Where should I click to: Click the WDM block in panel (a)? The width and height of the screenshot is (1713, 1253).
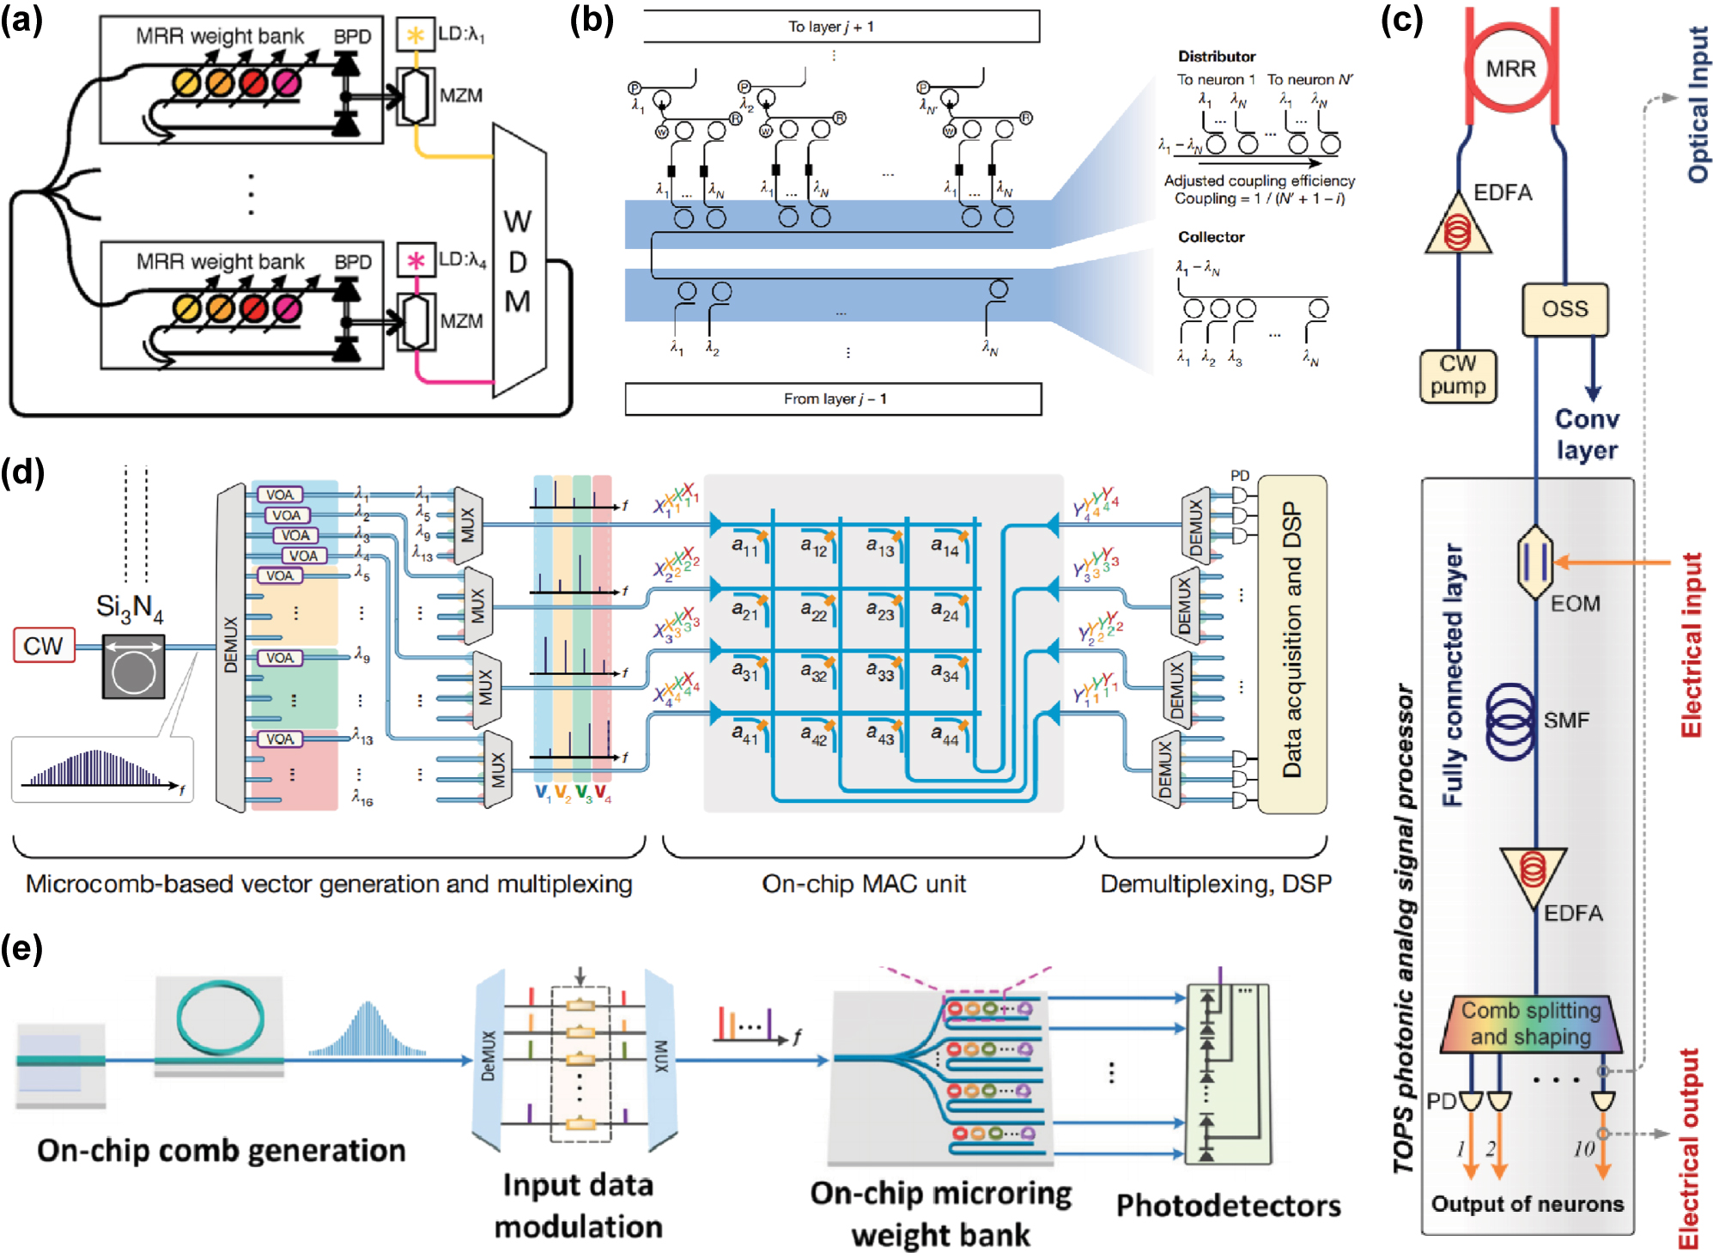518,262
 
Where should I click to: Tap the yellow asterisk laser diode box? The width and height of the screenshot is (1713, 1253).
416,34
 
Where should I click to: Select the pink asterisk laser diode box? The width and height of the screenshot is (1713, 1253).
416,260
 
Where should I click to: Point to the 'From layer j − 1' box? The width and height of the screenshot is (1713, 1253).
833,398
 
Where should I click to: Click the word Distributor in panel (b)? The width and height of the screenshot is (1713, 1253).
1216,57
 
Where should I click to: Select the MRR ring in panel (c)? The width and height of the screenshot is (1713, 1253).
1510,68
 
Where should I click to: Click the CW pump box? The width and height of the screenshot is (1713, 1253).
1457,375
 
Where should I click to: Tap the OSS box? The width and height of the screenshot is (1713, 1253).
1564,309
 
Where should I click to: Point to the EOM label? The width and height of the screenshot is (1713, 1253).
1575,604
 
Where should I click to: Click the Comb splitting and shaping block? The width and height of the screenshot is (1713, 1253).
1531,1023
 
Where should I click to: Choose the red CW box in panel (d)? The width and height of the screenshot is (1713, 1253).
44,646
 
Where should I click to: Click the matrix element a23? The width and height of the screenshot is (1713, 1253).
880,611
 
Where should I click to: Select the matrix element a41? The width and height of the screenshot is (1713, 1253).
744,734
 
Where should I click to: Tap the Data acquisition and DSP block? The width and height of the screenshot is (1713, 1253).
1291,643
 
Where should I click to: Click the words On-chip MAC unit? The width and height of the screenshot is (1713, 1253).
863,884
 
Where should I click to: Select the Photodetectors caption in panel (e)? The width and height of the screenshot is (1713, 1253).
1228,1206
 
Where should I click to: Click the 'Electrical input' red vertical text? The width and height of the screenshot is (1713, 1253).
1690,644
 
